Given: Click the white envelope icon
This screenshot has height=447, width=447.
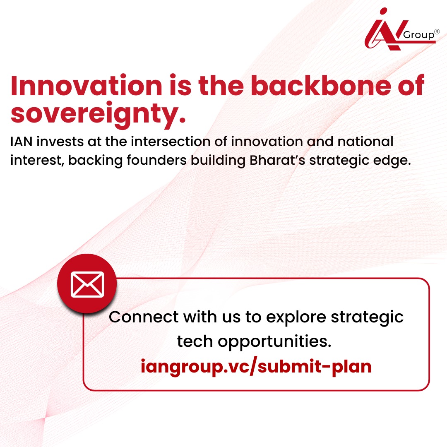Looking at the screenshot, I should (x=87, y=284).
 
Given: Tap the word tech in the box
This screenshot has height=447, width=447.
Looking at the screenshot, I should (x=195, y=342).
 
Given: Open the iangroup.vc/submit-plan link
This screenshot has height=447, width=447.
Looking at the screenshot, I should (x=256, y=367).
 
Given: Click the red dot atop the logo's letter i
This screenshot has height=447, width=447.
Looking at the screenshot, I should (x=384, y=11).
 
